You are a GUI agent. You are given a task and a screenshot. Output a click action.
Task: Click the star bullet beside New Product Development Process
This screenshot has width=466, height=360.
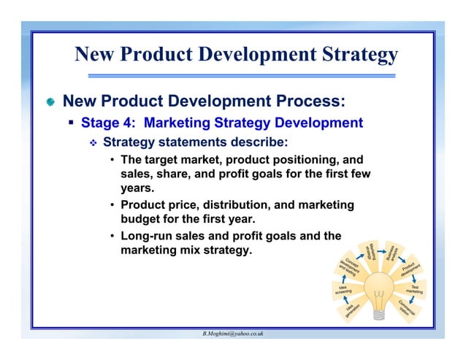49,101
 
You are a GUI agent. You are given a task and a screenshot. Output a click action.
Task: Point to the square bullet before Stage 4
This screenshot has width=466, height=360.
72,123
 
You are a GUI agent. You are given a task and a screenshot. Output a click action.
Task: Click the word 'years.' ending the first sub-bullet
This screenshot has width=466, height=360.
137,188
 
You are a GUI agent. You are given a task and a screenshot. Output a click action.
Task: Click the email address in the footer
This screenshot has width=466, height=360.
233,333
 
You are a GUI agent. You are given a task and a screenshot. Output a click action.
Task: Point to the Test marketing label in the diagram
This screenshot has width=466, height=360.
415,290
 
